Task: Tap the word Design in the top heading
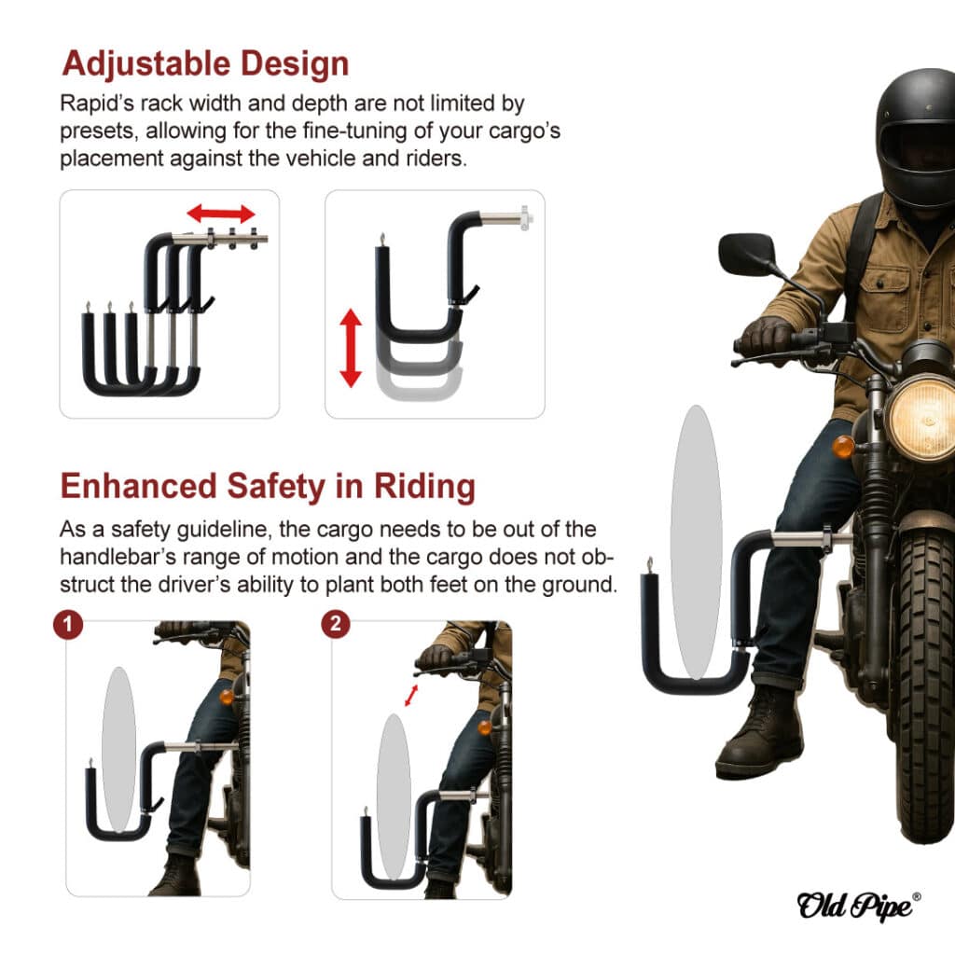point(295,64)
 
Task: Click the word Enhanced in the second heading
point(138,486)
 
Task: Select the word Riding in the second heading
point(424,487)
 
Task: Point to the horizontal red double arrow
point(220,214)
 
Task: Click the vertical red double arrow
point(351,348)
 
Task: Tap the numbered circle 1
point(68,625)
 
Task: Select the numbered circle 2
point(336,624)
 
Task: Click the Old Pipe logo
point(858,906)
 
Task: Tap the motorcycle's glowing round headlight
point(922,420)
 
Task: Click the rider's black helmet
point(917,138)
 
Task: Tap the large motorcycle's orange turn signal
point(843,447)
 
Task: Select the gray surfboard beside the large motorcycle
point(696,542)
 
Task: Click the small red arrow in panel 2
point(411,696)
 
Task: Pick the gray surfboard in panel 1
point(118,749)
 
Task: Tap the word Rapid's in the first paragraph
point(97,104)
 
